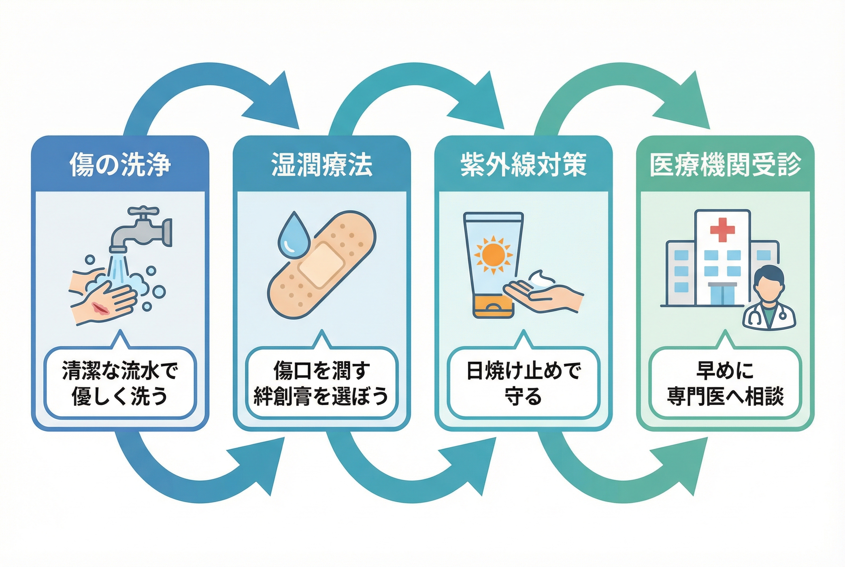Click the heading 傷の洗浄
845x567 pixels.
(x=120, y=165)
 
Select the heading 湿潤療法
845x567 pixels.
(x=322, y=165)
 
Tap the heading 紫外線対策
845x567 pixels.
(x=523, y=165)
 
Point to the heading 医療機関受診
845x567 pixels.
(x=725, y=165)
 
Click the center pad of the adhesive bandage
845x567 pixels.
(x=321, y=266)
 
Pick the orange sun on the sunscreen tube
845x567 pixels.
(x=493, y=255)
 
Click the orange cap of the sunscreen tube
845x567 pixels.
(x=493, y=307)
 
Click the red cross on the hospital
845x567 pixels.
(x=722, y=230)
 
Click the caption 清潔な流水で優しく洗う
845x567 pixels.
(x=120, y=383)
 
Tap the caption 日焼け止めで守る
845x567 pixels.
(x=523, y=383)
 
